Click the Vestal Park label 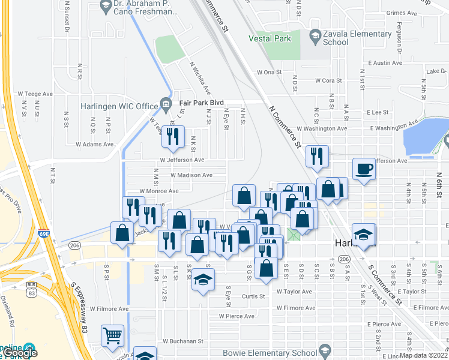tap(270, 38)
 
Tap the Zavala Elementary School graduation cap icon tap(315, 37)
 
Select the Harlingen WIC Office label tap(119, 107)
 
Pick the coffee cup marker tap(363, 168)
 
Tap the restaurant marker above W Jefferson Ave tap(172, 137)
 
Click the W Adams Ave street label tap(94, 144)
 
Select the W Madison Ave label tap(191, 175)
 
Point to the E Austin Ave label tap(385, 62)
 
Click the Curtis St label tap(255, 296)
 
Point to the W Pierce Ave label tap(237, 316)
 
